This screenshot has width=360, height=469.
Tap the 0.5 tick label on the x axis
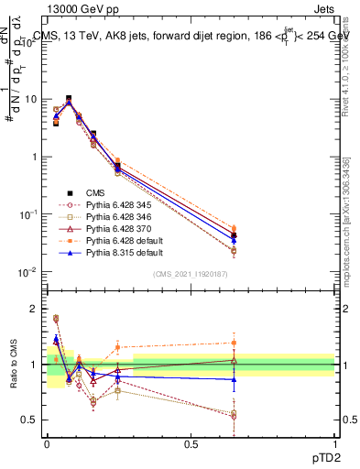point(191,442)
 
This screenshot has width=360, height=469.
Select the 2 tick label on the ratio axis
point(34,309)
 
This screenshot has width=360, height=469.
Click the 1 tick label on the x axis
point(333,442)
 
